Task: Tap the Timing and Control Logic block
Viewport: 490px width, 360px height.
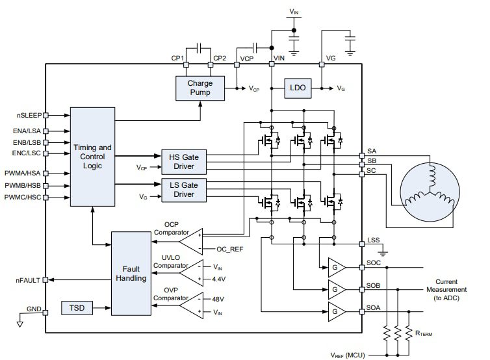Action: (93, 157)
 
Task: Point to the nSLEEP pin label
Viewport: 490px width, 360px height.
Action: (29, 115)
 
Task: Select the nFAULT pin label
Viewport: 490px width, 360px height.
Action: (29, 280)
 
